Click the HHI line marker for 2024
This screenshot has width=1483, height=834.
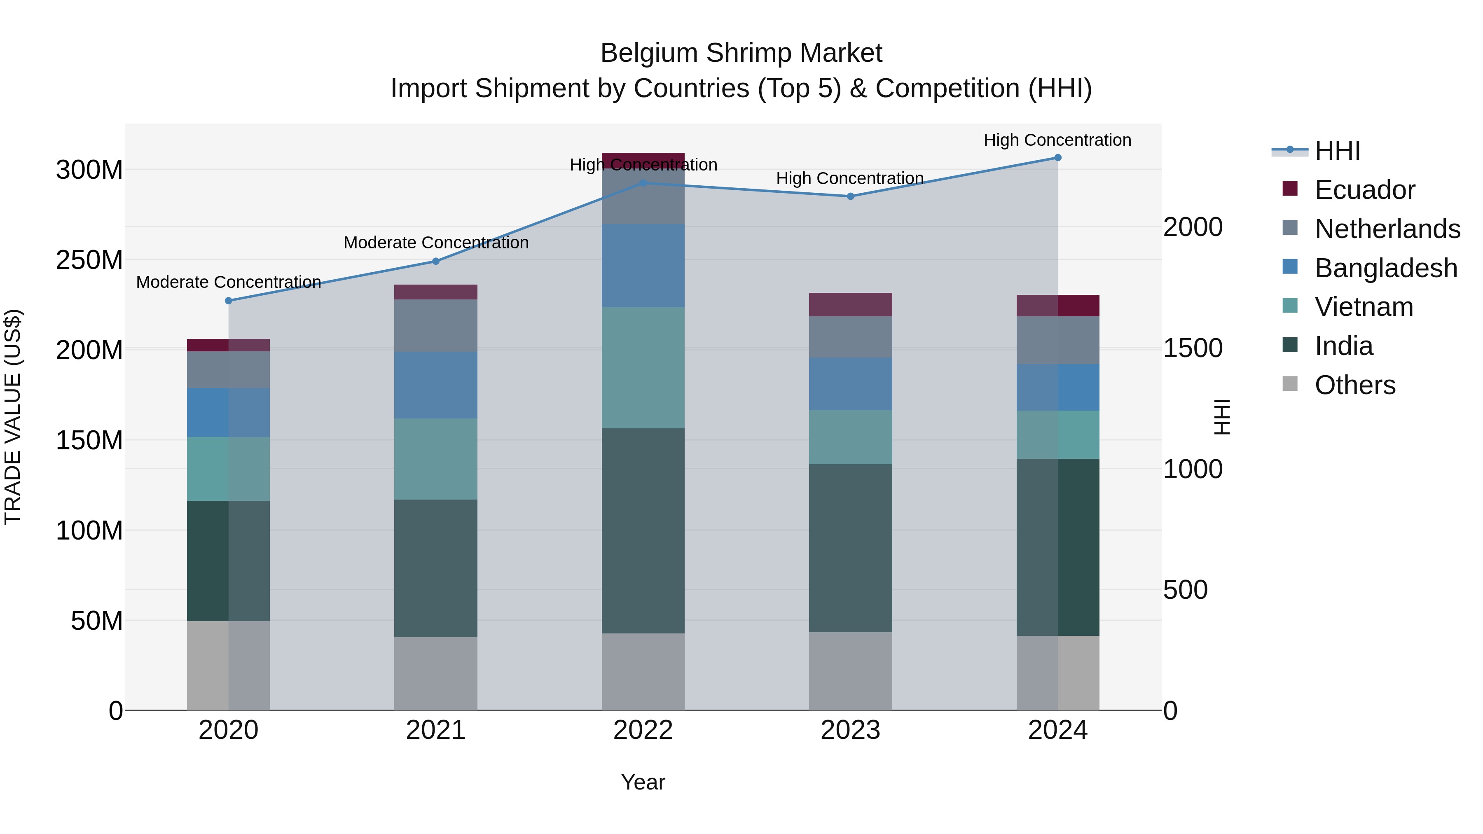coord(1057,158)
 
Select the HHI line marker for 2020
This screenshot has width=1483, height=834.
coord(229,301)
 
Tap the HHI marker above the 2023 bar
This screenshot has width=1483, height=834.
coord(850,196)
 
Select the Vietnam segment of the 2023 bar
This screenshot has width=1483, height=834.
coord(850,437)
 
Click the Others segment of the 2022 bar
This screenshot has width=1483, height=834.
coord(643,672)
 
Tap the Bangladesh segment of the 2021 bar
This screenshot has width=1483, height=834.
coord(436,385)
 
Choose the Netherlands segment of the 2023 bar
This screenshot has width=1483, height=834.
coord(850,337)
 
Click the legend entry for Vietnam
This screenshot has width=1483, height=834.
coord(1363,307)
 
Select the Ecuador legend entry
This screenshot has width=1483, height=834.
coord(1364,190)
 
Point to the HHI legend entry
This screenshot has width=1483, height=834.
coord(1337,151)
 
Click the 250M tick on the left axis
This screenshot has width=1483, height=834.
coord(89,260)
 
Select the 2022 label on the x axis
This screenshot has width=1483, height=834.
coord(643,730)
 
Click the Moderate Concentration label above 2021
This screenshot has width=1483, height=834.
coord(436,243)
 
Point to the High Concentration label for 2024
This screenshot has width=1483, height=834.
coord(1057,140)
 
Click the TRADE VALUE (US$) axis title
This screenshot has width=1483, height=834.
coord(13,417)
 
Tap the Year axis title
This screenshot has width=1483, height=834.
coord(643,782)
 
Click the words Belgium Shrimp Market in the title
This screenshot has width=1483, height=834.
coord(741,53)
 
